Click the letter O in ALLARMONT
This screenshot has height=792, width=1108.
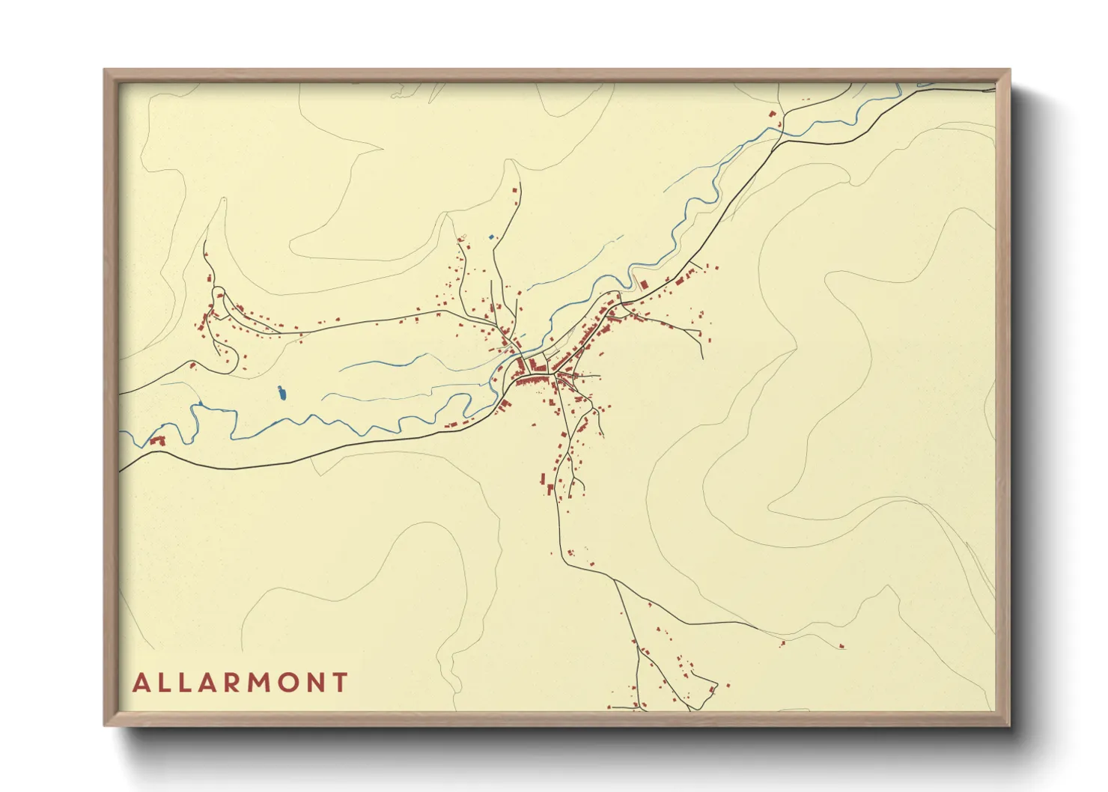click(x=283, y=683)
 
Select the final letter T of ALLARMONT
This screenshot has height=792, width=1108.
click(x=341, y=683)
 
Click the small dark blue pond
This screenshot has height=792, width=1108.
click(x=281, y=392)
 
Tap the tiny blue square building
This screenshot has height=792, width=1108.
click(x=491, y=237)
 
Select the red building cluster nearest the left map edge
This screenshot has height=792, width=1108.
click(x=157, y=441)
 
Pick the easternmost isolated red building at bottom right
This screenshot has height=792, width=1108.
click(x=841, y=645)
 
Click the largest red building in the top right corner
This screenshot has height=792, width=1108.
click(x=771, y=114)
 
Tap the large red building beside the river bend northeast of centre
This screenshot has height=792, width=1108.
click(x=642, y=284)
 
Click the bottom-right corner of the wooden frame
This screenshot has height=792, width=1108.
click(x=1008, y=725)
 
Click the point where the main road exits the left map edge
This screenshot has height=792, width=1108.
click(x=121, y=472)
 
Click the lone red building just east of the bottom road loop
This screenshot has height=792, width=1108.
click(x=727, y=684)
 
